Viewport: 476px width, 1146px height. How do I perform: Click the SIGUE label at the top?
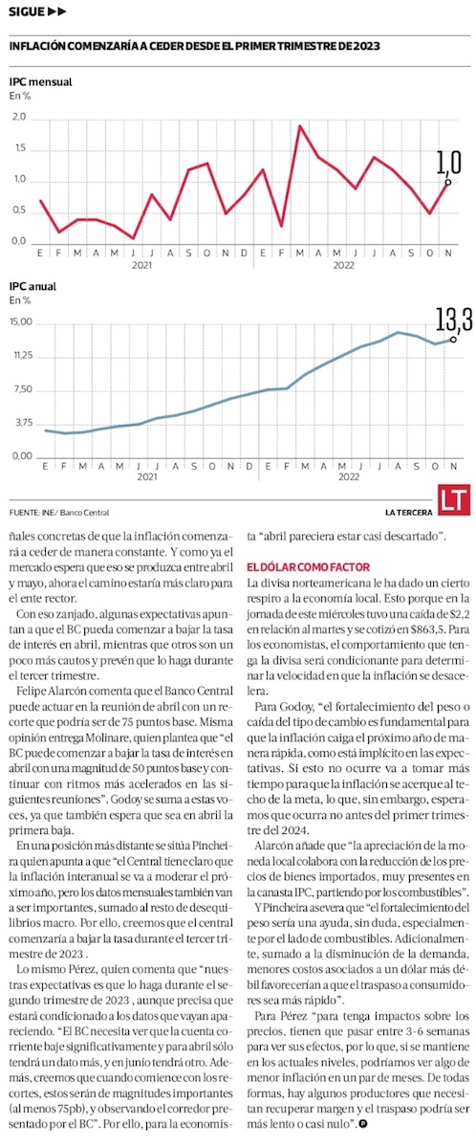(27, 11)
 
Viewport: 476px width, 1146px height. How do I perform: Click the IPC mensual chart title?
(40, 82)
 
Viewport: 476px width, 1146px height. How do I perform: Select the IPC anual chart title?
(32, 287)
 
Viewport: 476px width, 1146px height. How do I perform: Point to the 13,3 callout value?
(455, 320)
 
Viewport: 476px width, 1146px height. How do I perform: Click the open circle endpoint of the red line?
(447, 182)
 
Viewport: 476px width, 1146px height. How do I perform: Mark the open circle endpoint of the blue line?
(453, 340)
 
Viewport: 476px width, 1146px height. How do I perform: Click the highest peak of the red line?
(299, 125)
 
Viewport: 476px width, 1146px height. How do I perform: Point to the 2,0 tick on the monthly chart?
(19, 117)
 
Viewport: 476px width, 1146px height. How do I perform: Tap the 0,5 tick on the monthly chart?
(19, 211)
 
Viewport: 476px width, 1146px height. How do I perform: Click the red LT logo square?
(453, 500)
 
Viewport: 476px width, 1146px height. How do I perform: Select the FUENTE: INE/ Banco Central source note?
(54, 513)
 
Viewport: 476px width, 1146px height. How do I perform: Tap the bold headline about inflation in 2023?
(195, 45)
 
